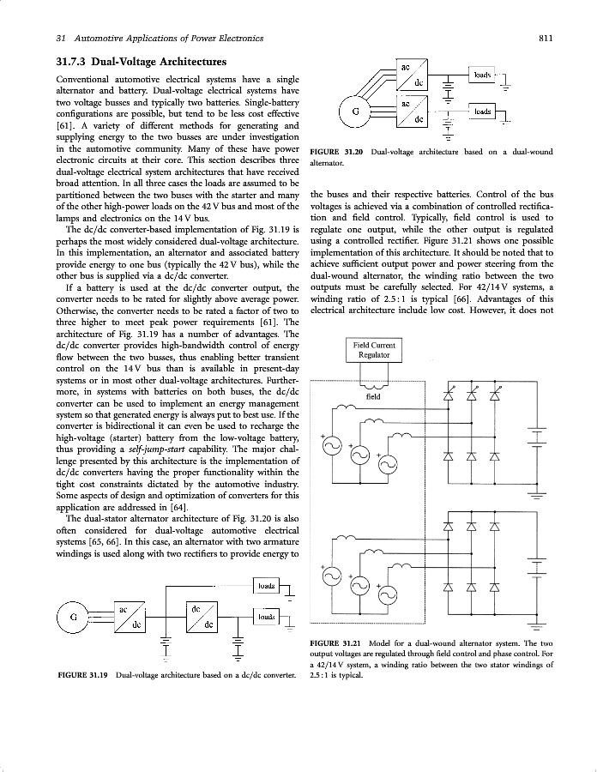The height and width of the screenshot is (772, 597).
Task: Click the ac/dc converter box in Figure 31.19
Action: coord(128,618)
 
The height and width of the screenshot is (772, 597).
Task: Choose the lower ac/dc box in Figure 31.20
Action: coord(411,111)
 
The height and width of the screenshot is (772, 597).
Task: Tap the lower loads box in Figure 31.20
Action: coord(483,112)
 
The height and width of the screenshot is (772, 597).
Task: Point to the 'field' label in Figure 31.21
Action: coord(373,397)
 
